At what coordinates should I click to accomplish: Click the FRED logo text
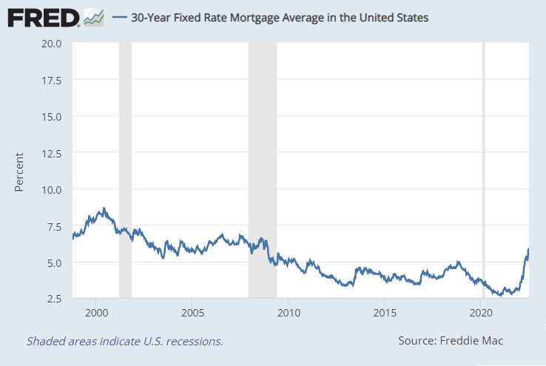tap(43, 16)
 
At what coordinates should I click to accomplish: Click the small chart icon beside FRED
tap(94, 17)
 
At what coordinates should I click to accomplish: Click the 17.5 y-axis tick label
tap(52, 80)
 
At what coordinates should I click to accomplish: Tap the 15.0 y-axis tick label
tap(52, 116)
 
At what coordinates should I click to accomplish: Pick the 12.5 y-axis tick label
tap(52, 153)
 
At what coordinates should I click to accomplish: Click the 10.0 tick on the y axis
tap(52, 189)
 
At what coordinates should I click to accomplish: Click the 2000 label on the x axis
tap(96, 313)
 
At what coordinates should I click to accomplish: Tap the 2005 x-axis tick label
tap(192, 313)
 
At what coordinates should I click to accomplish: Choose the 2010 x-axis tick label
tap(289, 313)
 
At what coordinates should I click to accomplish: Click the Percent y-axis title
tap(20, 172)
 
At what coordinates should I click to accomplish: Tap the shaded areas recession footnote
tap(124, 342)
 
